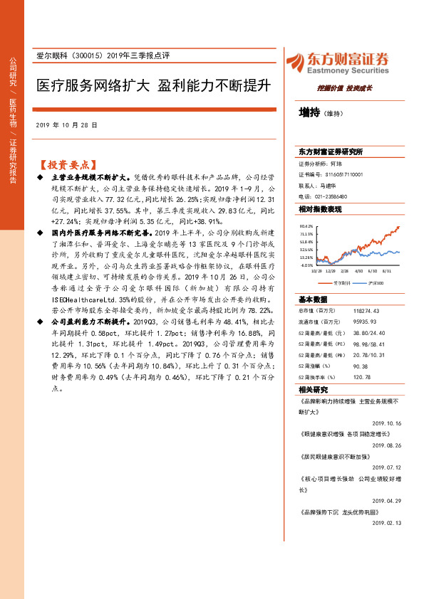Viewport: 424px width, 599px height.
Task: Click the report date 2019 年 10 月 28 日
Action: pyautogui.click(x=66, y=125)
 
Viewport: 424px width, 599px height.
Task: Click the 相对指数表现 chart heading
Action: pyautogui.click(x=320, y=209)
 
